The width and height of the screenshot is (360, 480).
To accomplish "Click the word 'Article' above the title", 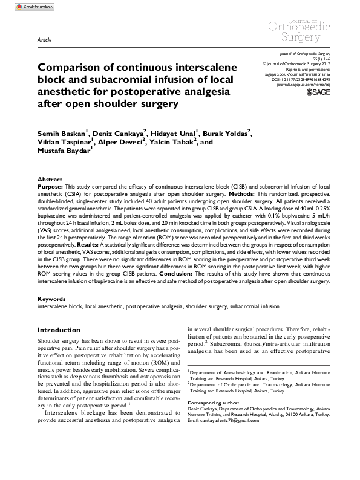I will point(44,39).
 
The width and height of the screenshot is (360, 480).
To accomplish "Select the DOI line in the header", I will point(303,79).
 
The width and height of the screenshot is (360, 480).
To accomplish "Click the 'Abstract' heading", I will point(50,180).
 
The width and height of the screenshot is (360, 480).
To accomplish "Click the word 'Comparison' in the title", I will point(70,67).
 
